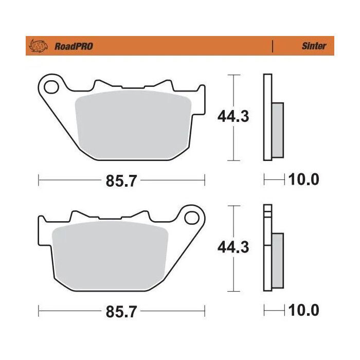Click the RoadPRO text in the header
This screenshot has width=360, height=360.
pos(74,46)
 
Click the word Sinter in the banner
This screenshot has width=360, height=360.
pos(314,46)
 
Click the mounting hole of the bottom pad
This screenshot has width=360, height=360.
pos(192,218)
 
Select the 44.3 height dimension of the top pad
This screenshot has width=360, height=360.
pos(233,117)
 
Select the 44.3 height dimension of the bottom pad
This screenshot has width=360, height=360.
pos(233,247)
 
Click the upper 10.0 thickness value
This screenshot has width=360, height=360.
pos(304,180)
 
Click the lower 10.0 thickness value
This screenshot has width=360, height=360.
pos(304,311)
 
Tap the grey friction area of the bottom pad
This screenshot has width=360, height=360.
pos(111,252)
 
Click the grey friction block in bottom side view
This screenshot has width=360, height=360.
pos(277,260)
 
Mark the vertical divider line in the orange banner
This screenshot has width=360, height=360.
pos(272,46)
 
